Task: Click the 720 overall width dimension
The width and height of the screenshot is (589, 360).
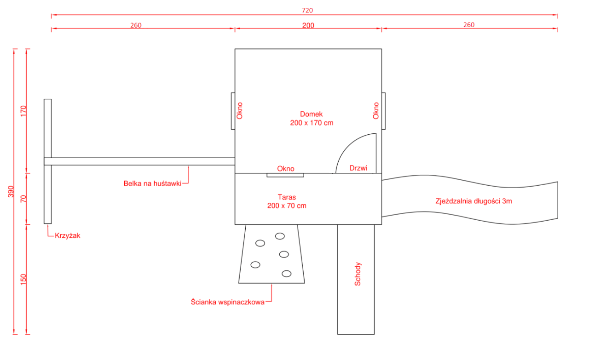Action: [307, 10]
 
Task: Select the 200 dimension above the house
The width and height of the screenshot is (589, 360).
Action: [308, 25]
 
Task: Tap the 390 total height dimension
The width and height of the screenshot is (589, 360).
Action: [11, 192]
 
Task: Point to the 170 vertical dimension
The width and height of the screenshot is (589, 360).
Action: [23, 111]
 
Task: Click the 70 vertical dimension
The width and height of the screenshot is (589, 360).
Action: [23, 199]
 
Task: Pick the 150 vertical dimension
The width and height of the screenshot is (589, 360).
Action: [23, 280]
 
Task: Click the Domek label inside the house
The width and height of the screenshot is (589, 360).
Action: [312, 114]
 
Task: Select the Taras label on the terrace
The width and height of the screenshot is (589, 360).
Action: [287, 197]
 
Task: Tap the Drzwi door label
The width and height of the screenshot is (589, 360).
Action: [358, 168]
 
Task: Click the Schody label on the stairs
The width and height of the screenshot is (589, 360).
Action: [358, 274]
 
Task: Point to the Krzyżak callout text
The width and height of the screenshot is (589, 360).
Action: [68, 235]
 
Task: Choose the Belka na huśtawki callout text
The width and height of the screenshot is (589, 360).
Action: [152, 183]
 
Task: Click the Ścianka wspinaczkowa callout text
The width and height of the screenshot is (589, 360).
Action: [228, 302]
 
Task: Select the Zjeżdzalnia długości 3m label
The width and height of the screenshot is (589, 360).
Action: [474, 201]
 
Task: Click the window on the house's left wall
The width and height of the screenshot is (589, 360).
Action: [233, 111]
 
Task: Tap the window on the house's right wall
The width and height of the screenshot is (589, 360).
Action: [384, 111]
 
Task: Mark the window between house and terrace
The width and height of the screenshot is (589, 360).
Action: [285, 175]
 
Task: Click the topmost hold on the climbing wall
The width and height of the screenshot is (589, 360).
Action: [280, 236]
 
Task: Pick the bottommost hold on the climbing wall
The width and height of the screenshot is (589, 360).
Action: [287, 274]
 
